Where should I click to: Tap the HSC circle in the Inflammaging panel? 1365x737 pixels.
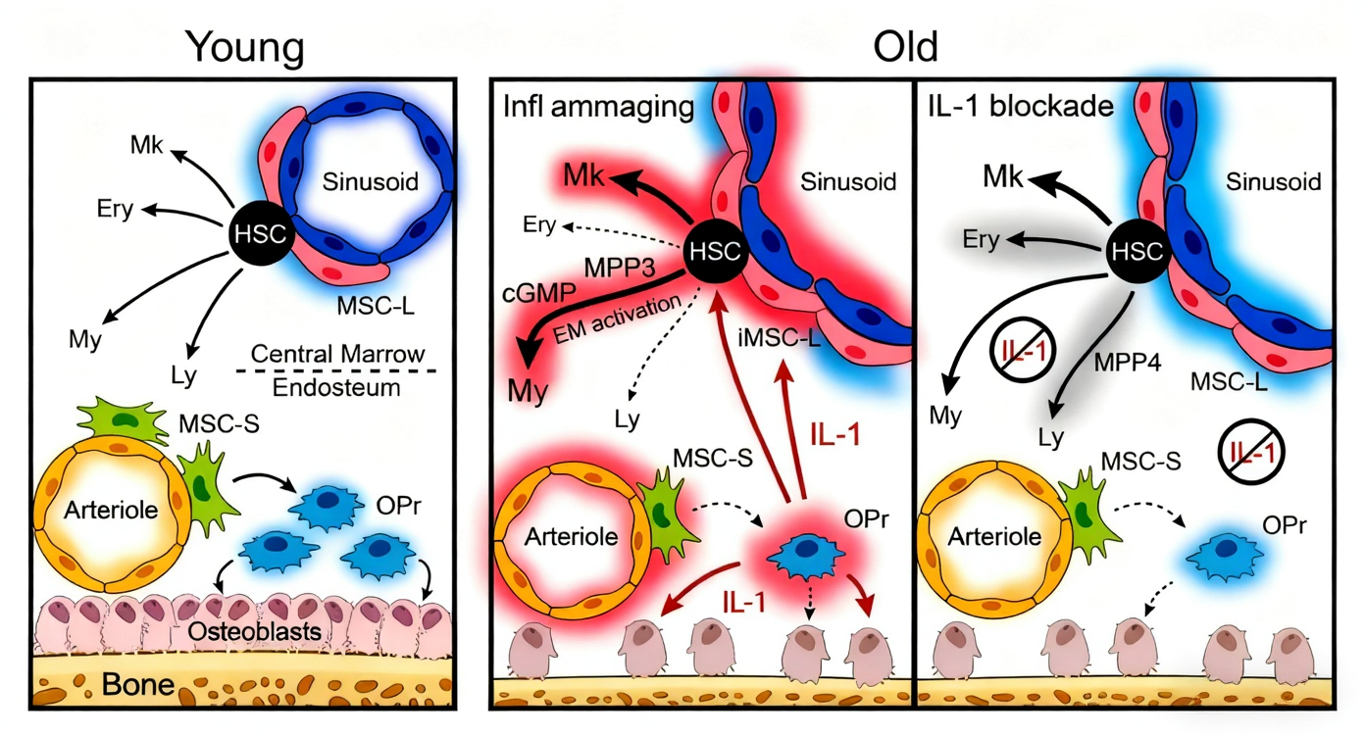click(714, 249)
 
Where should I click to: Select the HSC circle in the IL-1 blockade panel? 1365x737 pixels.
click(1137, 250)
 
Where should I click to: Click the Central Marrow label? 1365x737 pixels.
click(336, 354)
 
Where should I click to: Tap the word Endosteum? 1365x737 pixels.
click(336, 388)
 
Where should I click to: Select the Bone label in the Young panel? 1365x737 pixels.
click(137, 685)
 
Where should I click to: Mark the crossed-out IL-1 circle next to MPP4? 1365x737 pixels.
click(1022, 350)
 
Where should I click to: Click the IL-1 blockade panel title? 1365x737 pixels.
click(1020, 106)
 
